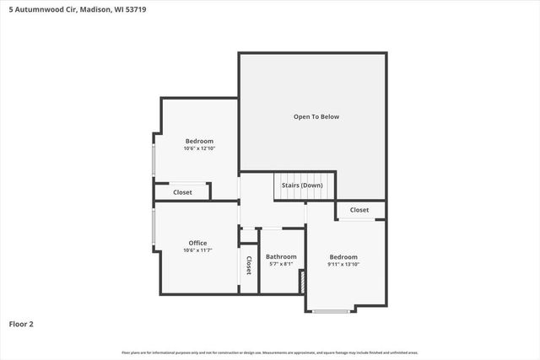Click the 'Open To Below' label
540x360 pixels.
point(316,116)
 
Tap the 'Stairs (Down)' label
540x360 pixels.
point(300,185)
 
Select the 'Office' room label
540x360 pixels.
point(197,243)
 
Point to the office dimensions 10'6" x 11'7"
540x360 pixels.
point(197,250)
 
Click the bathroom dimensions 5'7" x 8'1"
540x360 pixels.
point(281,264)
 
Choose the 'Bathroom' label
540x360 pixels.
point(281,256)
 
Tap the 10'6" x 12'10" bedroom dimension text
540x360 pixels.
point(199,148)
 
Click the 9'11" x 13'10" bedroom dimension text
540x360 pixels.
point(343,265)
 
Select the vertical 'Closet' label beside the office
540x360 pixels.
point(249,266)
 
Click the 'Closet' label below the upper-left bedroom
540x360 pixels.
point(182,192)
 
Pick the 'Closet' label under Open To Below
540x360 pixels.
point(359,209)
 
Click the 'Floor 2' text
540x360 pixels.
point(21,323)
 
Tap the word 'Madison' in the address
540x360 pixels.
point(94,11)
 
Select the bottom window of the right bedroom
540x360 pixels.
point(331,311)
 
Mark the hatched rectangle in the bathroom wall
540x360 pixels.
point(301,282)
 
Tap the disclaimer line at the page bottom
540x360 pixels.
point(270,352)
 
